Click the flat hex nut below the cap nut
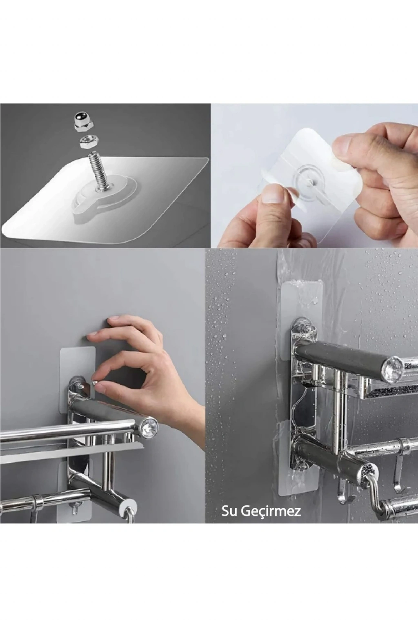pos(87,143)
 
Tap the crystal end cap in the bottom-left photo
pos(149,427)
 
